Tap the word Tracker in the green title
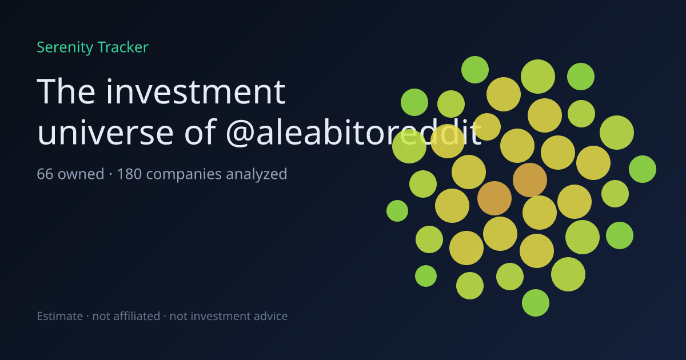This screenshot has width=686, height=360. [x=123, y=47]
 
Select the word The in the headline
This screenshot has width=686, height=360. [x=66, y=91]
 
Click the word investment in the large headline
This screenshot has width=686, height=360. [x=196, y=91]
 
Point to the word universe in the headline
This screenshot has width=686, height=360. [x=105, y=133]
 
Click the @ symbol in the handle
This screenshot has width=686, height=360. [x=241, y=134]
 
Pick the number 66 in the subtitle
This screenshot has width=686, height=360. [x=45, y=174]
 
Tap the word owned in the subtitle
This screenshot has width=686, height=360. [x=81, y=174]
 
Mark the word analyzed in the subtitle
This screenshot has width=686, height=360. [x=257, y=174]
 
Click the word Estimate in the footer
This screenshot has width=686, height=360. [x=60, y=316]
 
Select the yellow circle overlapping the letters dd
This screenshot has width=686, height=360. [x=448, y=141]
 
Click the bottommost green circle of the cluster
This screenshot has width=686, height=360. [x=536, y=303]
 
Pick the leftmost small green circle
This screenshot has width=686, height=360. [x=397, y=211]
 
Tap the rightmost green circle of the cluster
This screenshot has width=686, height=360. [x=643, y=169]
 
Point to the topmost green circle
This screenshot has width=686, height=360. [x=475, y=70]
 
